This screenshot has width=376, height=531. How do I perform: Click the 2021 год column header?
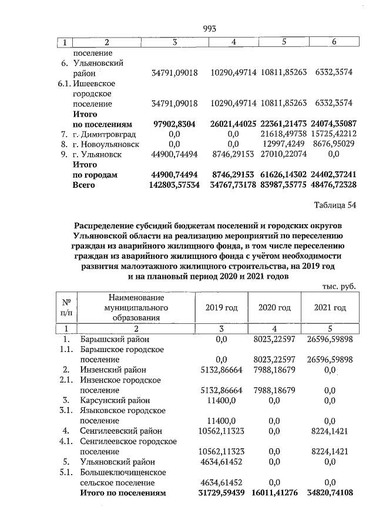point(330,307)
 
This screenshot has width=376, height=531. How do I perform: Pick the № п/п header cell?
point(66,307)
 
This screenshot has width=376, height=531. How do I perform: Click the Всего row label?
point(84,185)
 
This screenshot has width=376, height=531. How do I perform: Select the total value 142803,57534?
point(174,185)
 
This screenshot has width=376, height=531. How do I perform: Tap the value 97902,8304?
point(174,124)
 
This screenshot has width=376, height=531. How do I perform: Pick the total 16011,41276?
point(277,493)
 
